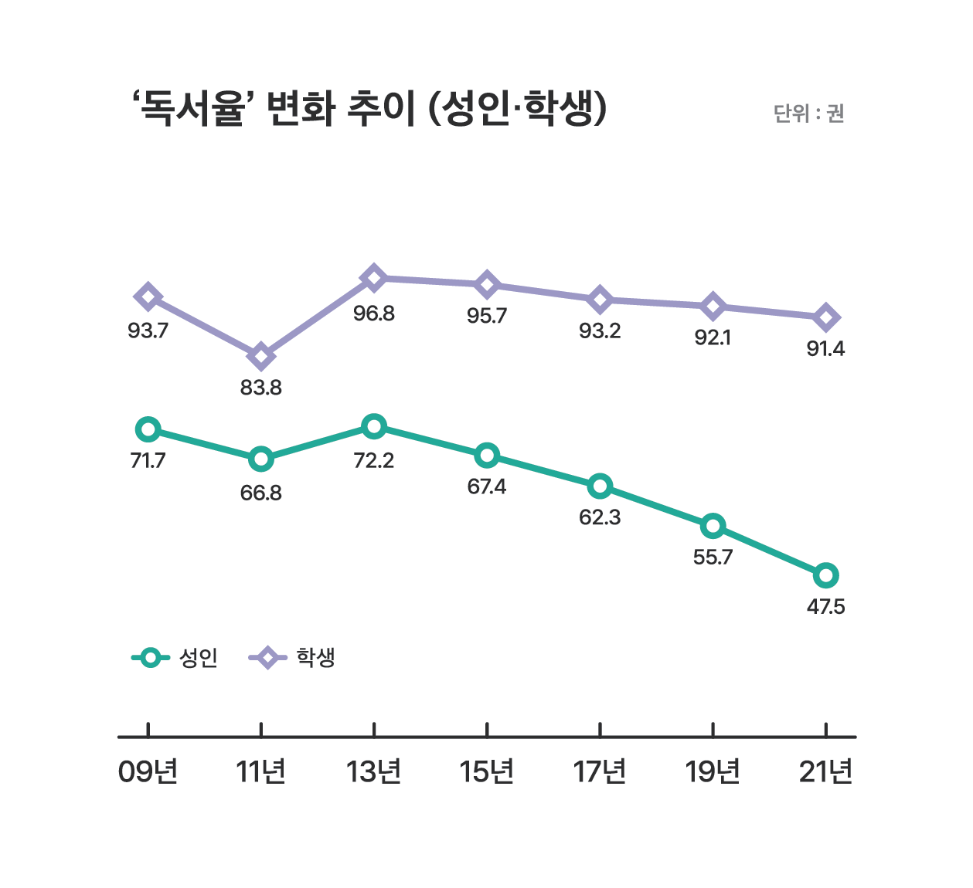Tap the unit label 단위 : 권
click(808, 114)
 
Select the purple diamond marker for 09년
click(148, 297)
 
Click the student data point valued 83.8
click(261, 357)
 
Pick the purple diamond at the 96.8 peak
click(374, 278)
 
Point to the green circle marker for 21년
click(825, 575)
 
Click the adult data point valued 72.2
click(374, 426)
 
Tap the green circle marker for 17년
click(600, 486)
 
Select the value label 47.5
click(825, 607)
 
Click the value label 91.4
click(825, 349)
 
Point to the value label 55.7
click(713, 558)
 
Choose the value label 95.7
click(487, 316)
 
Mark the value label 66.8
click(261, 493)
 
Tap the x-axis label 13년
click(374, 771)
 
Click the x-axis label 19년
click(713, 771)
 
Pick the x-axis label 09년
click(148, 771)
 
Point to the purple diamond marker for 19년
click(713, 307)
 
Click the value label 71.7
click(148, 461)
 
